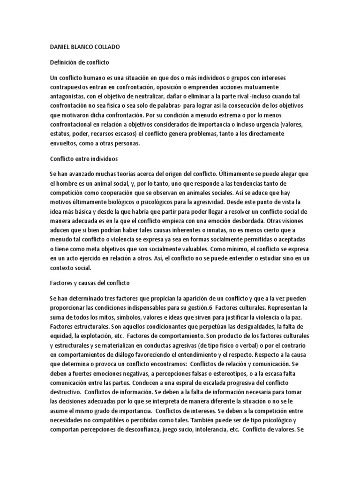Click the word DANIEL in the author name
click(60, 48)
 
